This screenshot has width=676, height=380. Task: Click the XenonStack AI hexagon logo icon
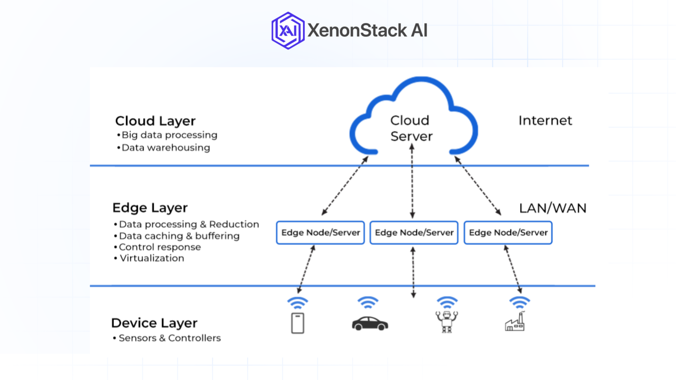(x=288, y=31)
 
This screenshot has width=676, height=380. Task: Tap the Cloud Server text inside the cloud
(x=411, y=128)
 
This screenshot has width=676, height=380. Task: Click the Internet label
(x=545, y=121)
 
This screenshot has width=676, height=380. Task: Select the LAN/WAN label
(x=552, y=208)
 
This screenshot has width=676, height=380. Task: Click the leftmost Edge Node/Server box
(x=320, y=233)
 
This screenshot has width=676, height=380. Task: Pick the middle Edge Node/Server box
(x=414, y=233)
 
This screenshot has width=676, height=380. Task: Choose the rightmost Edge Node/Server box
(x=508, y=233)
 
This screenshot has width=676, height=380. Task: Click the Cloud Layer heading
(x=155, y=121)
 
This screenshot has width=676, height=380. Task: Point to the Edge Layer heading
(x=150, y=208)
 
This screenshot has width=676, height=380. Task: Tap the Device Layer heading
(x=154, y=323)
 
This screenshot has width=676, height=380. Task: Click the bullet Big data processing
(x=169, y=135)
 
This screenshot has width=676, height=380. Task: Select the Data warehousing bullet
(x=165, y=148)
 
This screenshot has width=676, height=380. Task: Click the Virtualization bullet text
(x=152, y=258)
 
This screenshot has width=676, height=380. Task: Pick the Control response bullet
(x=159, y=247)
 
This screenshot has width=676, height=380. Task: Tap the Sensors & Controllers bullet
(x=169, y=338)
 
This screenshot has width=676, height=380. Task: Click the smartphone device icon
(x=298, y=323)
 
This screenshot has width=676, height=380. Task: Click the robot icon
(x=446, y=321)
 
